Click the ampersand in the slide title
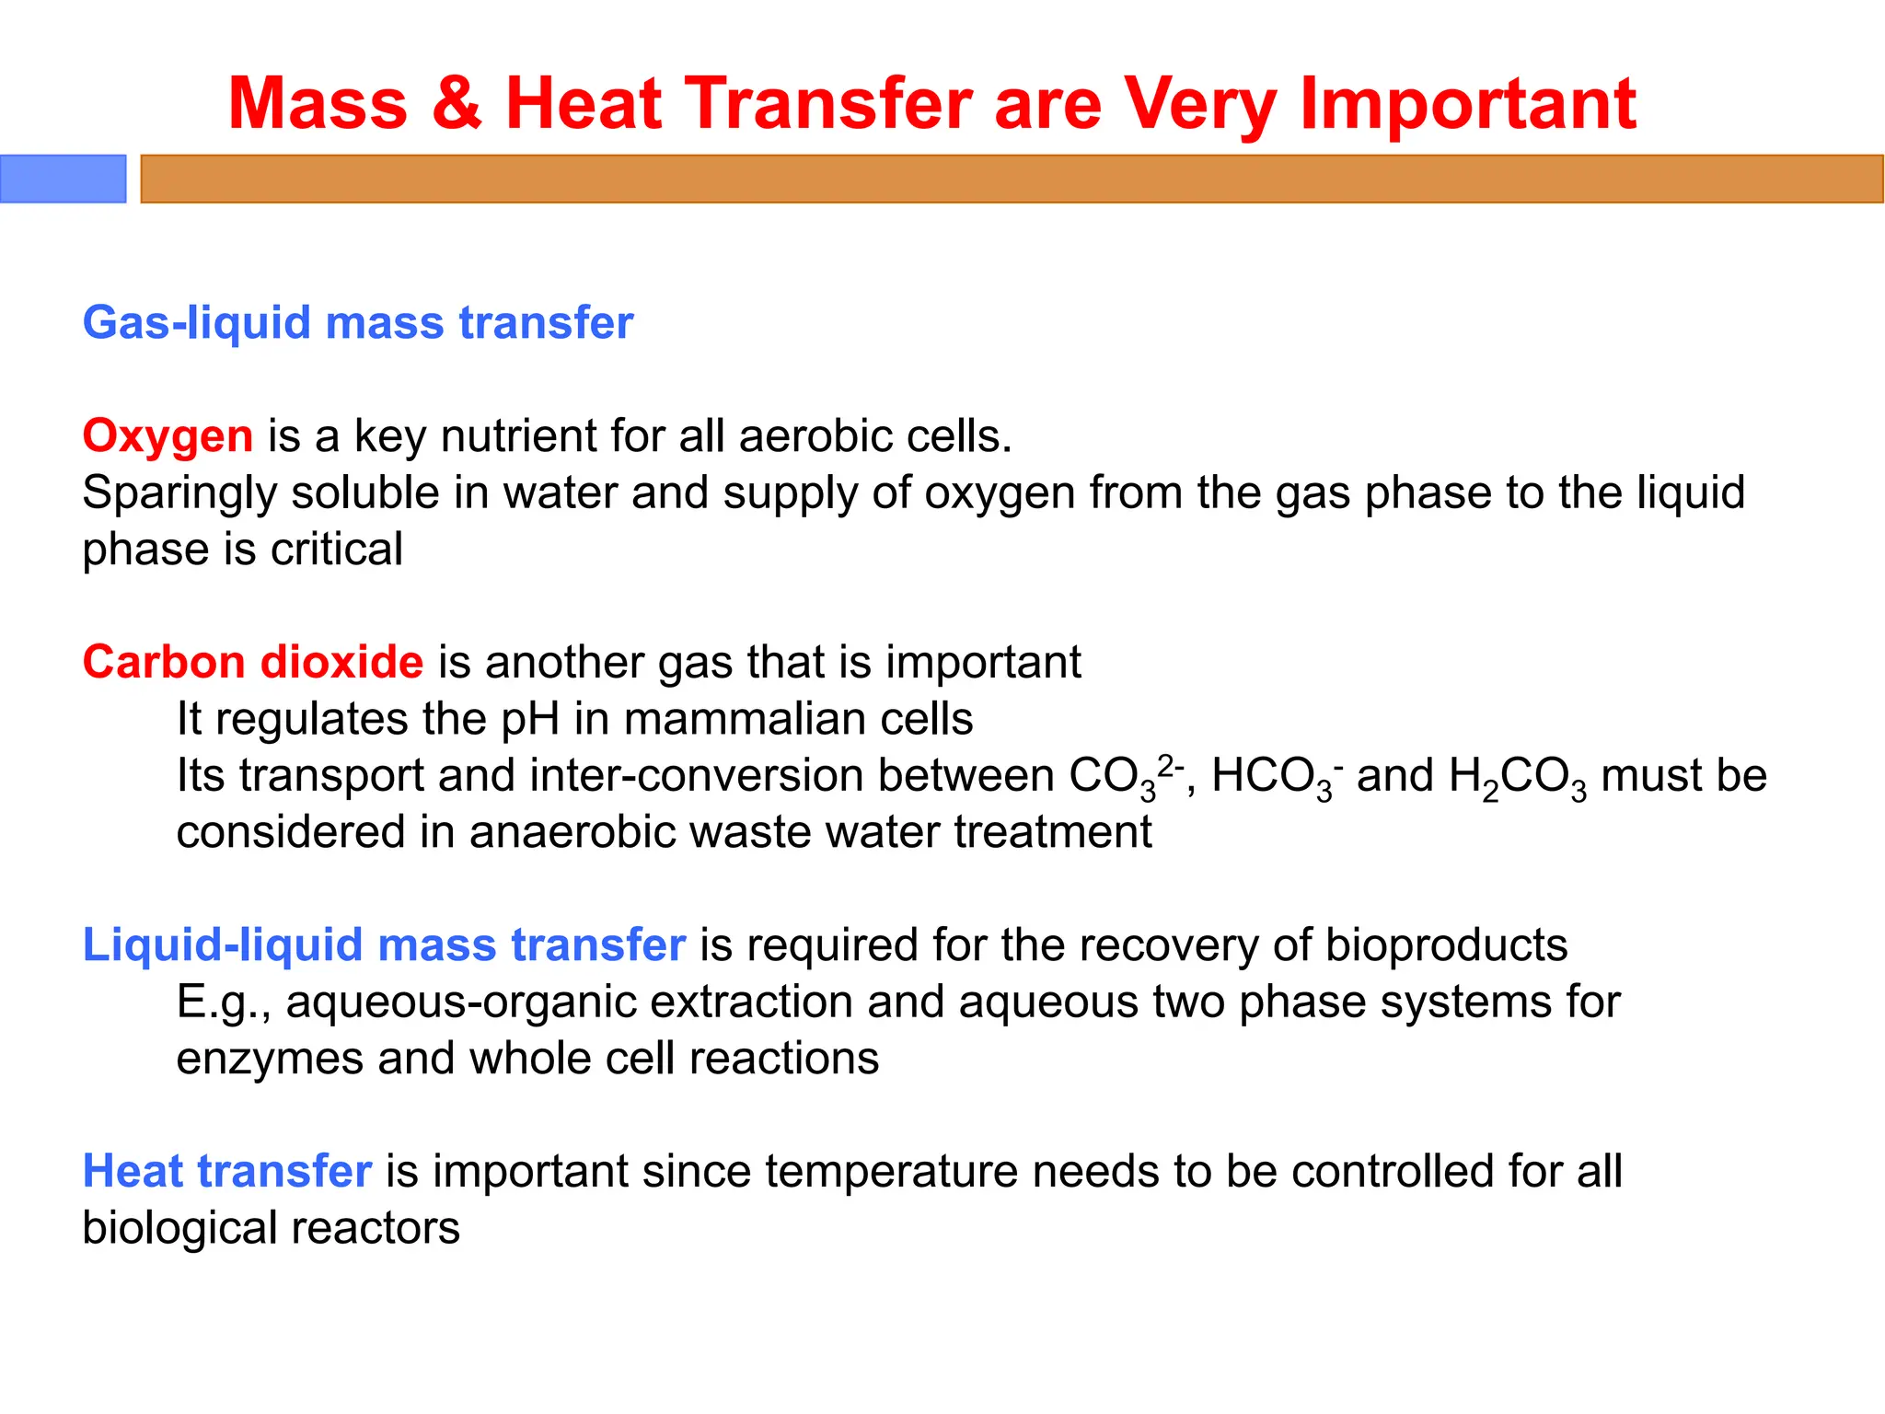pos(457,103)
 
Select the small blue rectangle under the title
pos(63,179)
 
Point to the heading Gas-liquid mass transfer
pos(358,323)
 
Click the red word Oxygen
pos(168,436)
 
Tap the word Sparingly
pos(179,493)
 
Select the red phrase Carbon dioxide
pos(253,662)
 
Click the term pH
pos(530,719)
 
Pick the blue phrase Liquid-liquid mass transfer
pos(384,945)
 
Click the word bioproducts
pos(1446,945)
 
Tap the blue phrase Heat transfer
pos(226,1172)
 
